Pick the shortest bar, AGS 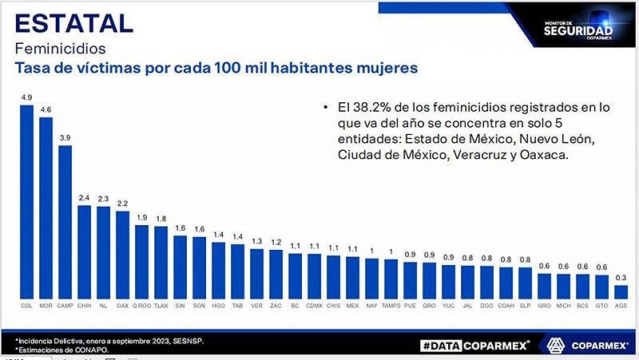[x=621, y=291]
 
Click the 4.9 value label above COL [x=26, y=98]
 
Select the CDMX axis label [x=314, y=305]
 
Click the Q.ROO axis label [x=141, y=305]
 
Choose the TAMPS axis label [x=391, y=305]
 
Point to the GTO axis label [x=601, y=305]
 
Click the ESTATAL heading [x=73, y=22]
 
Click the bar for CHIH [x=84, y=251]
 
